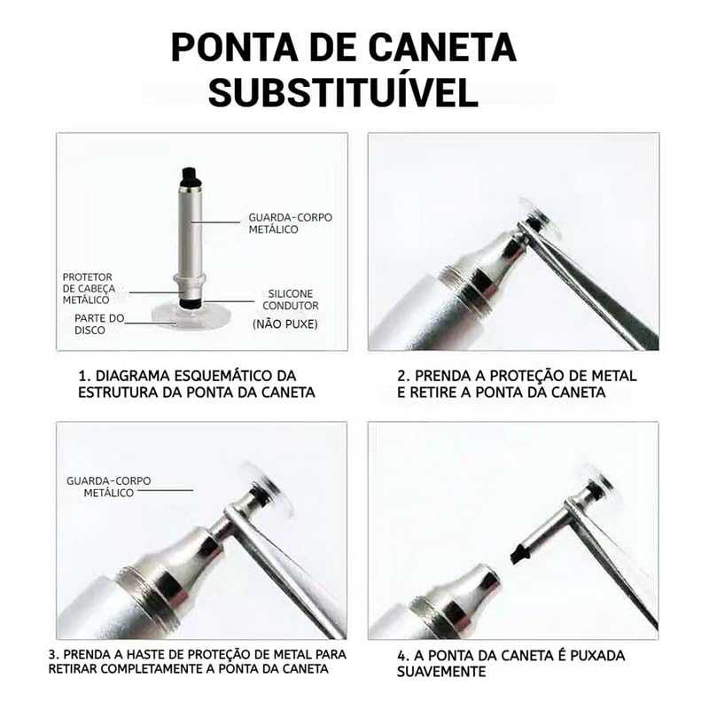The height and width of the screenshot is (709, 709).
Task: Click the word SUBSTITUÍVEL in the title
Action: point(343,93)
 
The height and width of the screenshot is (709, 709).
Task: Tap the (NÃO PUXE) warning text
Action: point(284,323)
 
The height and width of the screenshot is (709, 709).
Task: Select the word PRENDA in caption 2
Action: point(441,376)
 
